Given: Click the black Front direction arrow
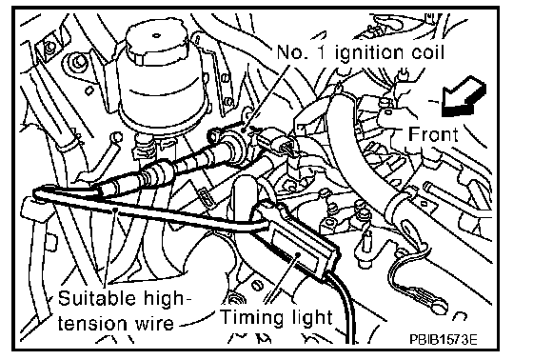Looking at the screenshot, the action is click(x=464, y=97).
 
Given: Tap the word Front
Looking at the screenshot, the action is click(x=433, y=134).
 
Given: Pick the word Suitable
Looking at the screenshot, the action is click(x=96, y=298).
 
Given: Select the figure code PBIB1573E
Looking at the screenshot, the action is click(x=443, y=340).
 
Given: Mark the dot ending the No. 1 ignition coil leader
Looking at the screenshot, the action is click(x=244, y=130).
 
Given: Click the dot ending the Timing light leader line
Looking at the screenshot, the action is click(x=298, y=253).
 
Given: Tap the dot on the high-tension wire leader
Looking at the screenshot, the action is click(x=115, y=210).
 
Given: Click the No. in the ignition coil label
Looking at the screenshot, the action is click(x=289, y=52).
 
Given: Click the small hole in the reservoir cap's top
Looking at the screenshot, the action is click(x=156, y=34).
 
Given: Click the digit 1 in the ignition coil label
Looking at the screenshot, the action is click(x=321, y=52).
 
